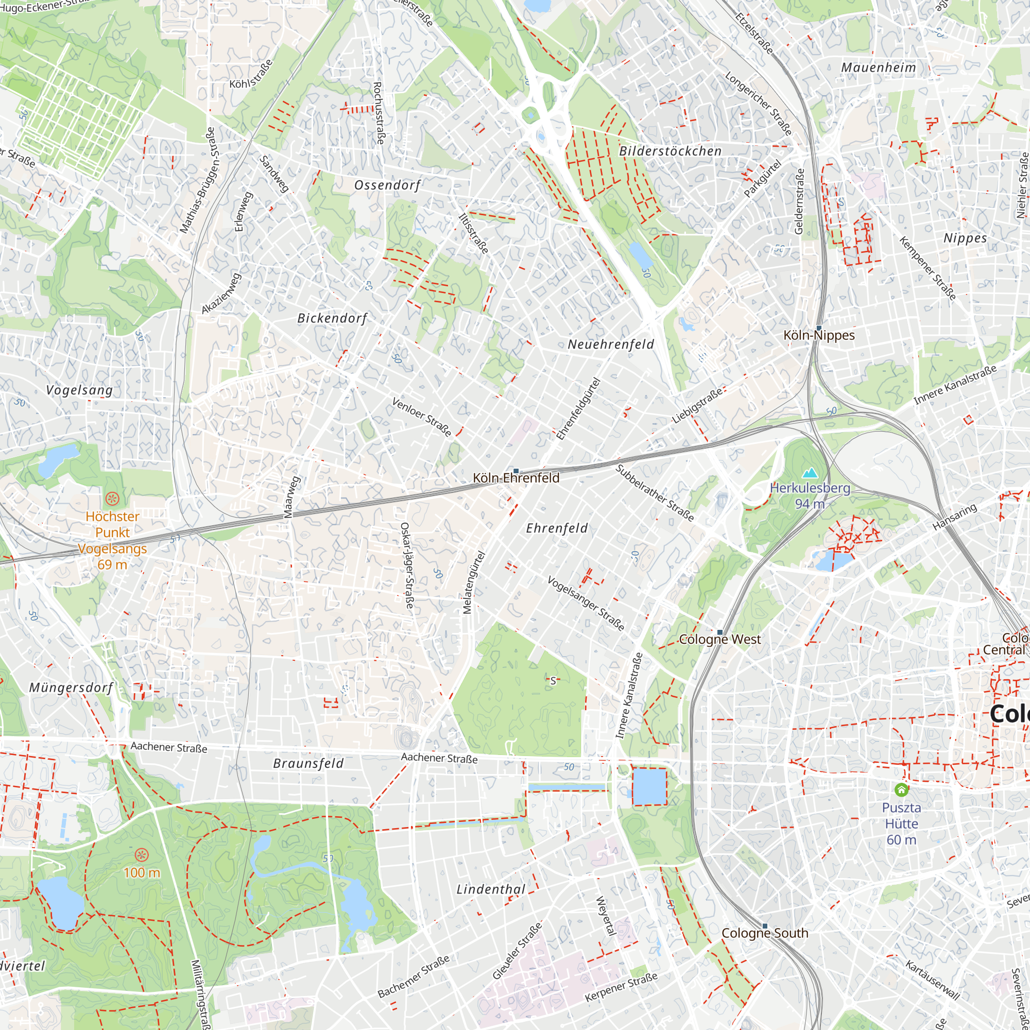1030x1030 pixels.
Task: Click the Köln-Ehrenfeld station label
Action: coord(516,478)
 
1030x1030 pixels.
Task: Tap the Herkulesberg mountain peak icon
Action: coord(810,473)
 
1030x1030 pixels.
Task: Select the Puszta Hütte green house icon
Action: coord(901,789)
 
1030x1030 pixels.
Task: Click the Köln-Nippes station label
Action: coord(819,335)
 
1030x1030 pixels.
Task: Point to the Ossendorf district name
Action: coord(388,185)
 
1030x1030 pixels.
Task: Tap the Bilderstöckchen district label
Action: coord(670,151)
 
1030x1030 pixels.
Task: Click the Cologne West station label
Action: coord(720,639)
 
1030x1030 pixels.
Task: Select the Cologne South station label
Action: coord(764,933)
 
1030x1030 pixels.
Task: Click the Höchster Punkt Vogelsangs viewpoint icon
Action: coord(112,499)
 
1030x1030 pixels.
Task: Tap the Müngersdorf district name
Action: coord(71,688)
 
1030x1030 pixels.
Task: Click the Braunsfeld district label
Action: coord(308,763)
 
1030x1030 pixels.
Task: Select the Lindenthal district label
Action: coord(491,889)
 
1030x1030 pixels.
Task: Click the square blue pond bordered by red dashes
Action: coord(649,786)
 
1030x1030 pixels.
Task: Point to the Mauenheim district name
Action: coord(879,67)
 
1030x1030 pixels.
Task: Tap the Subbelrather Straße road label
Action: coord(655,493)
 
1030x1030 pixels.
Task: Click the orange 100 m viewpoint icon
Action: coord(141,855)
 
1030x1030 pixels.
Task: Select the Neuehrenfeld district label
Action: coord(611,345)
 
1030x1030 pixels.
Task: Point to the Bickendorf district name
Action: coord(332,319)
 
